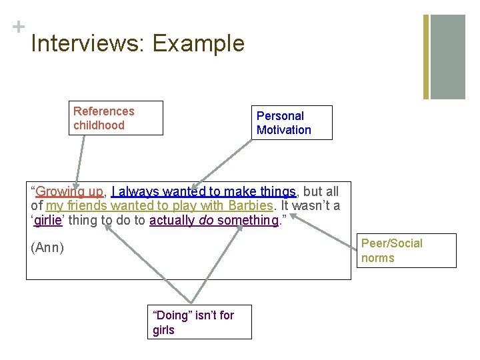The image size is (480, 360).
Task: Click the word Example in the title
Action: pyautogui.click(x=199, y=44)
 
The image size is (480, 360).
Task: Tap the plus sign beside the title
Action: pyautogui.click(x=17, y=27)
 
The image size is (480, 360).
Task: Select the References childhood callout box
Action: pyautogui.click(x=117, y=118)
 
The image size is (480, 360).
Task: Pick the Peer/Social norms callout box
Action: pyautogui.click(x=408, y=251)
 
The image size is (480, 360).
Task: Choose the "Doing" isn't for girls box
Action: pyautogui.click(x=199, y=322)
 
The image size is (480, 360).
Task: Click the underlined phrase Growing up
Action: pyautogui.click(x=69, y=192)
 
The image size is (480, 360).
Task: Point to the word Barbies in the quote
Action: pyautogui.click(x=251, y=206)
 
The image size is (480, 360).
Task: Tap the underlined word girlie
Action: pyautogui.click(x=47, y=221)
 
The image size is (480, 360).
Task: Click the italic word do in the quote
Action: pyautogui.click(x=206, y=221)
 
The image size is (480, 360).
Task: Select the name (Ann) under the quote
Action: pyautogui.click(x=47, y=248)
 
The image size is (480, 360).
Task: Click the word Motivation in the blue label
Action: pyautogui.click(x=284, y=130)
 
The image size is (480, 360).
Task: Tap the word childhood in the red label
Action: pyautogui.click(x=99, y=125)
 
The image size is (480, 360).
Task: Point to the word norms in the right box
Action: pyautogui.click(x=378, y=258)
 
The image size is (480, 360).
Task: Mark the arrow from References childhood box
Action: pyautogui.click(x=81, y=160)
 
